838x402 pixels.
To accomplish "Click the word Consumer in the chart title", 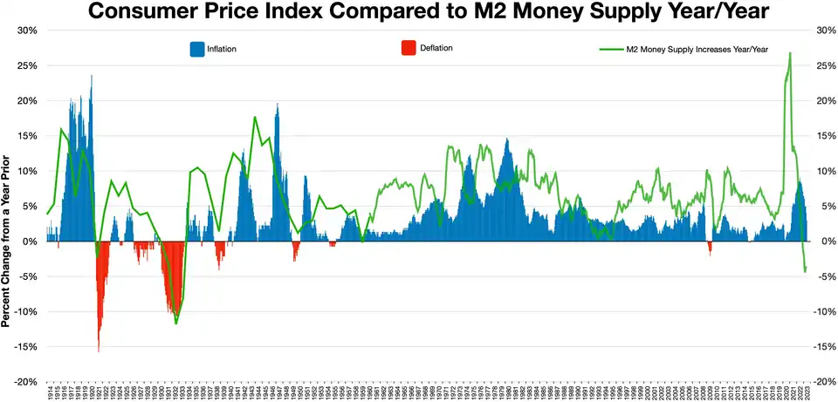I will [x=145, y=12].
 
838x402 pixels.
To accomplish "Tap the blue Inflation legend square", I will [x=196, y=49].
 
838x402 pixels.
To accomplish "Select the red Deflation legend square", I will [x=406, y=48].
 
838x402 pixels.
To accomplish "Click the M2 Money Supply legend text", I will [x=697, y=50].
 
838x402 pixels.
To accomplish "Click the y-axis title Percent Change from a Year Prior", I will [x=7, y=241].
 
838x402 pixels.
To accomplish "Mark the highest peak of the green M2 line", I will [x=790, y=53].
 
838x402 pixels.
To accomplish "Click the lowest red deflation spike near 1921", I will [x=99, y=351].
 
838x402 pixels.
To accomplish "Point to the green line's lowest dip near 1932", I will [x=176, y=324].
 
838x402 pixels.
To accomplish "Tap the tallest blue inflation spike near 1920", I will [x=91, y=76].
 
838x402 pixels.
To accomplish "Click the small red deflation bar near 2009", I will [x=710, y=251].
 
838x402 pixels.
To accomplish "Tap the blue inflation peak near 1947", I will [x=278, y=105].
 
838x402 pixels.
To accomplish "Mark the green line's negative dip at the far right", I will [x=805, y=272].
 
